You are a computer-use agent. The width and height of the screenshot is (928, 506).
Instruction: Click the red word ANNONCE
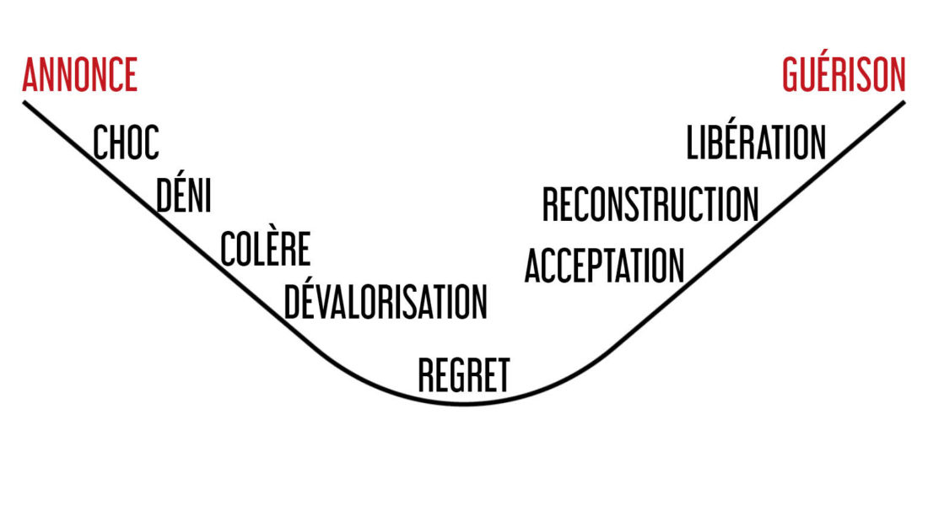pyautogui.click(x=80, y=74)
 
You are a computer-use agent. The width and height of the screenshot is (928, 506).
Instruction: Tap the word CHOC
pyautogui.click(x=126, y=142)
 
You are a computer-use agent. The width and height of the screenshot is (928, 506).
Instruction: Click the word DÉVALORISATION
pyautogui.click(x=386, y=299)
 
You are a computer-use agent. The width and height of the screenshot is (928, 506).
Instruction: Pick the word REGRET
pyautogui.click(x=464, y=375)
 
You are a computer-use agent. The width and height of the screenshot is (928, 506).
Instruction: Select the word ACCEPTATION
pyautogui.click(x=604, y=266)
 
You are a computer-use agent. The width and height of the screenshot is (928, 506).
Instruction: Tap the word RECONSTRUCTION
pyautogui.click(x=650, y=204)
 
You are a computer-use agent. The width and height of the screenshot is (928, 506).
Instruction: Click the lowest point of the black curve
pyautogui.click(x=465, y=404)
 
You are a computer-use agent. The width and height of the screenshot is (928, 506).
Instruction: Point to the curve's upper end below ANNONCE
pyautogui.click(x=24, y=102)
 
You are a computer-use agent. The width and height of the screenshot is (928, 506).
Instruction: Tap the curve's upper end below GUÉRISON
pyautogui.click(x=904, y=102)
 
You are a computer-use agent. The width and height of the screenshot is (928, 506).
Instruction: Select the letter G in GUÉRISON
pyautogui.click(x=792, y=74)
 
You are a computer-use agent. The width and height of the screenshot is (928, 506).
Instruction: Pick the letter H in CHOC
pyautogui.click(x=120, y=142)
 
